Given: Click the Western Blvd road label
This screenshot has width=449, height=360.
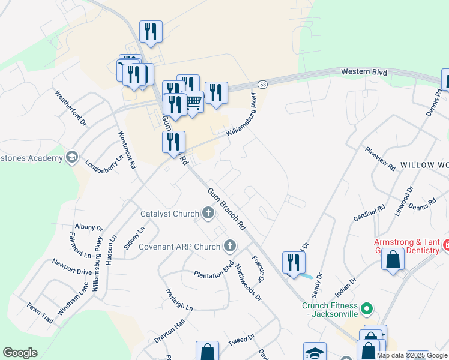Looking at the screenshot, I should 364,72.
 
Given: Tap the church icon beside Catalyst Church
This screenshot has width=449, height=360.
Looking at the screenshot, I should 208,213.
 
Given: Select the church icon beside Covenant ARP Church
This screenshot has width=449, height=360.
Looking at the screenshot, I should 230,245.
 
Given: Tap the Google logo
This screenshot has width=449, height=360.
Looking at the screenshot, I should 20,353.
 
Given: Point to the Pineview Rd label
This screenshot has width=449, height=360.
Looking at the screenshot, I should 380,158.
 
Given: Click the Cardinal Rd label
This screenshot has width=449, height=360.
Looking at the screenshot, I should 369,213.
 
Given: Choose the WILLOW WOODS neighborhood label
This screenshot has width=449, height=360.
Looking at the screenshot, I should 424,164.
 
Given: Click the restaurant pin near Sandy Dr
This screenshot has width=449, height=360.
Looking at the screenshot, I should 294,262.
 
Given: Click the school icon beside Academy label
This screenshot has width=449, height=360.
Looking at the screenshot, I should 72,158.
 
